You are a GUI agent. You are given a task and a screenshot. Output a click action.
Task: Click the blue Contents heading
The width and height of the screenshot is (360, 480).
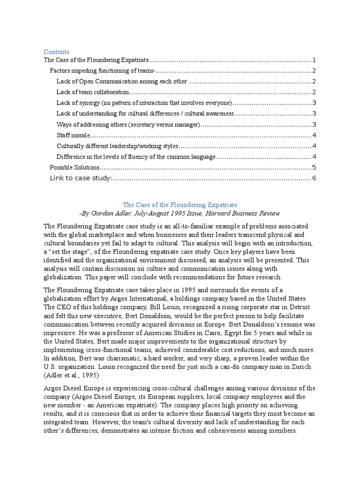click(56, 52)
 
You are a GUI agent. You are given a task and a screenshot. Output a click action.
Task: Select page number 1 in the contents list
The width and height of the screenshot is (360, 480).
click(314, 60)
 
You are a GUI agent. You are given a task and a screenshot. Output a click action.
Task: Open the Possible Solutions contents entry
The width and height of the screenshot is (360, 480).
click(75, 167)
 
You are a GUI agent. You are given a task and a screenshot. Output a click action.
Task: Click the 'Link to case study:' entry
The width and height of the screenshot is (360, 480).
click(81, 178)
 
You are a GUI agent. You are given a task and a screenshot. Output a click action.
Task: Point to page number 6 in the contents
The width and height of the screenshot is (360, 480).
click(314, 178)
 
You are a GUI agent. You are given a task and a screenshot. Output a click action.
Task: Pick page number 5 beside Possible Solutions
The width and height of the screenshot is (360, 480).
click(314, 167)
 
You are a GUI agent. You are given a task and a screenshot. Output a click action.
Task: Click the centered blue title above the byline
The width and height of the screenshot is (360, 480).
click(180, 205)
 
